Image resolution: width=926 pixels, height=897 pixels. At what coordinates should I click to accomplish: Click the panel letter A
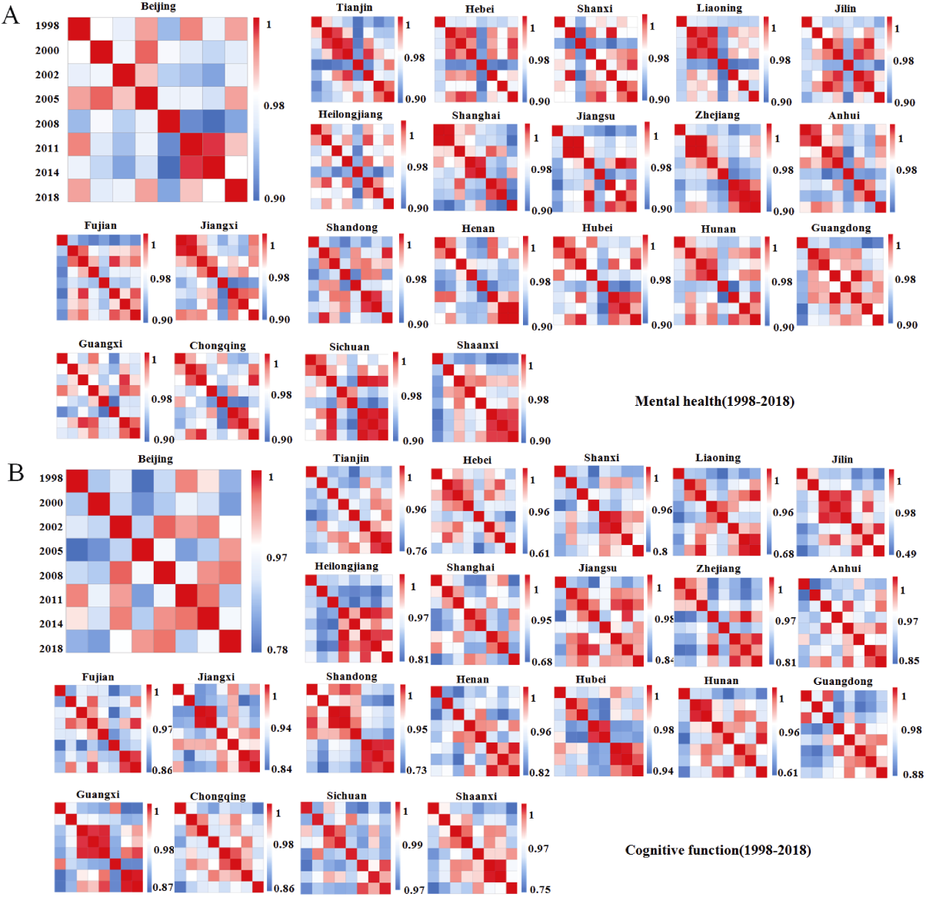[x=11, y=15]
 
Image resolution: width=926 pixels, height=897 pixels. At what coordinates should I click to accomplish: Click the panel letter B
[x=15, y=472]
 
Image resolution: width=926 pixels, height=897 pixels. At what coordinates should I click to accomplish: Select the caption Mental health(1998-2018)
[x=714, y=401]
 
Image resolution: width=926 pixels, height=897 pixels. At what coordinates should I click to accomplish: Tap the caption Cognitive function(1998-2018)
[x=718, y=850]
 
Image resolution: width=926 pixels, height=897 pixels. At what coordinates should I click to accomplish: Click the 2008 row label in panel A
[x=47, y=124]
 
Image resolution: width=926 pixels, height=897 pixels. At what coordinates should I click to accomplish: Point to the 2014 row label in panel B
[x=51, y=624]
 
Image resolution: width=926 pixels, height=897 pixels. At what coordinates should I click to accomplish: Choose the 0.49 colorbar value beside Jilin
[x=906, y=554]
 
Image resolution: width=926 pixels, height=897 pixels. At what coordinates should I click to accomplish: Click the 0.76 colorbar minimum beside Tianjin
[x=417, y=551]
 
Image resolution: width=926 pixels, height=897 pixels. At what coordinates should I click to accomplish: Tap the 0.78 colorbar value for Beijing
[x=278, y=650]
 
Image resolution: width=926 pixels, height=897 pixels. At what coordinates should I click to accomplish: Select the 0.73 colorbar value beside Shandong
[x=417, y=770]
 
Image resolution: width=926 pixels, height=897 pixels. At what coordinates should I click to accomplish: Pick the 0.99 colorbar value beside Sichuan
[x=413, y=845]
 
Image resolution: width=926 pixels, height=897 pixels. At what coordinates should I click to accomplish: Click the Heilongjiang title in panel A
[x=350, y=115]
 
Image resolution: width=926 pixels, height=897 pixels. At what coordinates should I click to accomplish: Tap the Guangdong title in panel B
[x=843, y=681]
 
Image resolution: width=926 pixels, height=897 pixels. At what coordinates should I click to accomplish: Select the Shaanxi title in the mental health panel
[x=478, y=345]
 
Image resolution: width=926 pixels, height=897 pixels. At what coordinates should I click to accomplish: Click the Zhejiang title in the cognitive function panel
[x=718, y=569]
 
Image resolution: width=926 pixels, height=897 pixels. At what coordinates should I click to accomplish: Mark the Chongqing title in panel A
[x=218, y=346]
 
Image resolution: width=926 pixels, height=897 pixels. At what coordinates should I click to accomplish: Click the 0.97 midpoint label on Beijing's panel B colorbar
[x=277, y=557]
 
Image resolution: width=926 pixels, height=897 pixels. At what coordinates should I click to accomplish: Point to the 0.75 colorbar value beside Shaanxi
[x=540, y=889]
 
